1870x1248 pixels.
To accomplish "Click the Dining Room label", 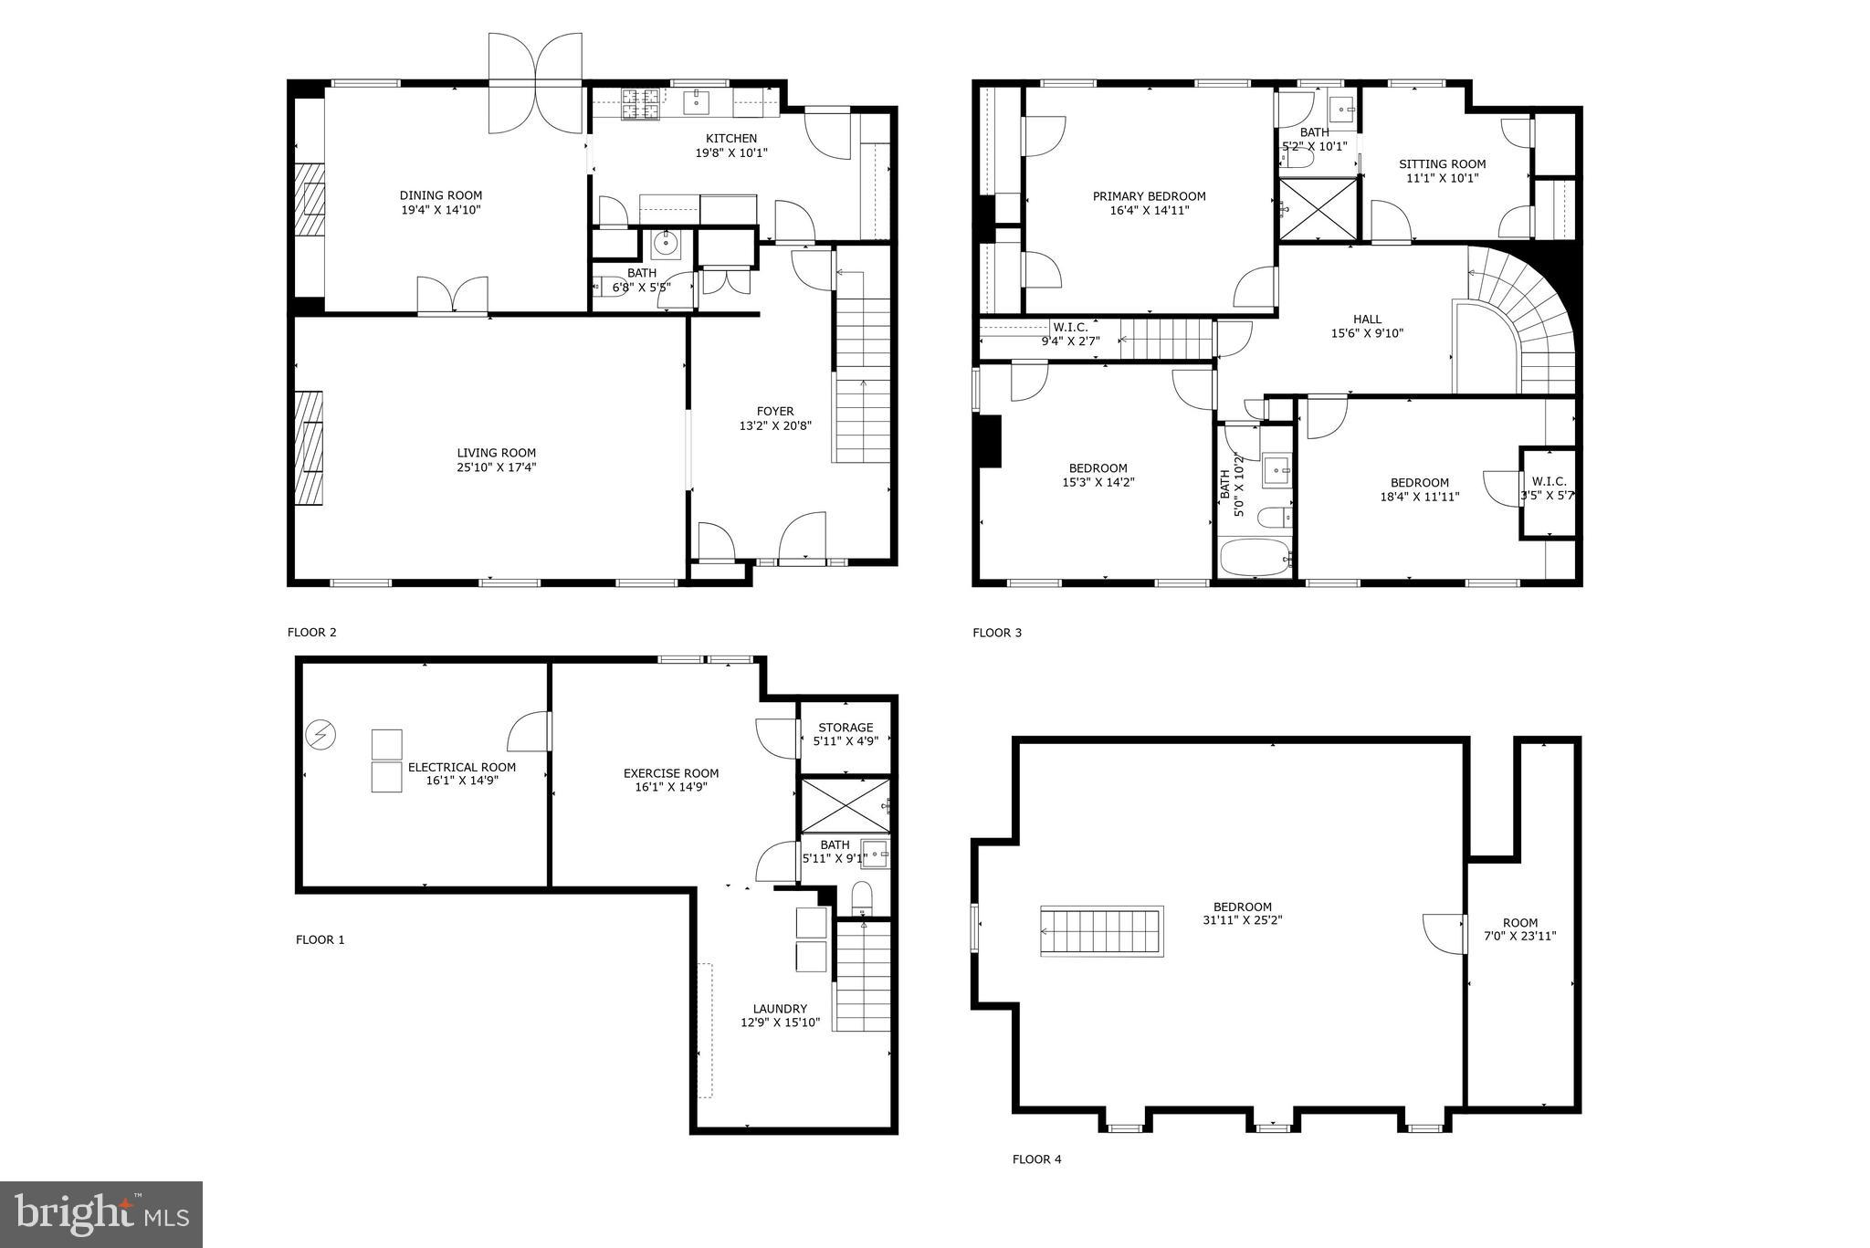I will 440,195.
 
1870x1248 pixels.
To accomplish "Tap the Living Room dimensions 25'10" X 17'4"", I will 496,467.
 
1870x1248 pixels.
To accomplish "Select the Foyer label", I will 774,412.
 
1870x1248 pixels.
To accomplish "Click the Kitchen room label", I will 730,139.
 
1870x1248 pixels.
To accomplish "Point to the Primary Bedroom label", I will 1149,196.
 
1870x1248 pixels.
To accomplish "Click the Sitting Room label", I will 1442,164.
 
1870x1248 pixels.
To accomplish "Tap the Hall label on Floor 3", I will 1367,320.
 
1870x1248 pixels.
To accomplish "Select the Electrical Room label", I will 461,768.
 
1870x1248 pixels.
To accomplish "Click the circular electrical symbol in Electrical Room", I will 321,734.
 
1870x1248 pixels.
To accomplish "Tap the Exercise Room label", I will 670,773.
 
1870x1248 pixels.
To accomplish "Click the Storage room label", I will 846,728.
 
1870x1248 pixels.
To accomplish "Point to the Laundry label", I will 780,1009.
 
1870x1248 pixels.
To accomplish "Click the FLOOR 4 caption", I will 1036,1159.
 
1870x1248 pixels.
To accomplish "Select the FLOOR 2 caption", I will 311,632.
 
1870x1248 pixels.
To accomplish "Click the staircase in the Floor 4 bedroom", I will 1102,931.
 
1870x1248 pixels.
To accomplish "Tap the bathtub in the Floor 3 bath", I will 1255,558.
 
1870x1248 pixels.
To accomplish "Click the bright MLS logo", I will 101,1214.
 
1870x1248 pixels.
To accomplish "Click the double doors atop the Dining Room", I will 535,82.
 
